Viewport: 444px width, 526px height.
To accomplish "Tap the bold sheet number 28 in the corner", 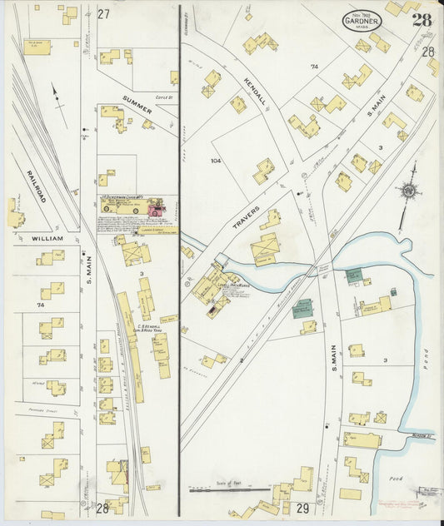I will [421, 20].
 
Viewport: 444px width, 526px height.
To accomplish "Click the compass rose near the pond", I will [408, 191].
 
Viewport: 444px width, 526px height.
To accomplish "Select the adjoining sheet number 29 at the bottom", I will [302, 508].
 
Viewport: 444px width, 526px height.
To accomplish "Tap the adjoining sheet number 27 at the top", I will [103, 14].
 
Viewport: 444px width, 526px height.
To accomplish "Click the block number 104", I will [216, 161].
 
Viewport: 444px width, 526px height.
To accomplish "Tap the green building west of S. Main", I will [303, 306].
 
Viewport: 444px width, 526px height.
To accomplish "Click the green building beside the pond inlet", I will [355, 275].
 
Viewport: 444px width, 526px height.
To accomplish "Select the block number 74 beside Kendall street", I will [314, 67].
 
